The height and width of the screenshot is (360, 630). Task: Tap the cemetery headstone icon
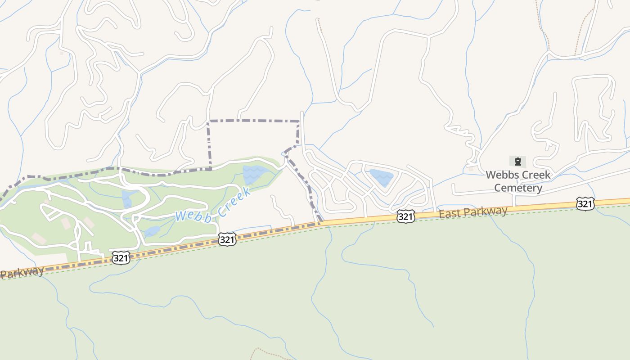point(517,162)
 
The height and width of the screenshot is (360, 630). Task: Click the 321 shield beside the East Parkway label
point(405,217)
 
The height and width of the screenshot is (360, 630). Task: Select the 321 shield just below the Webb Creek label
point(227,239)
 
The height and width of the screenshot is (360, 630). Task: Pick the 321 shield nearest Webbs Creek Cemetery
point(585,204)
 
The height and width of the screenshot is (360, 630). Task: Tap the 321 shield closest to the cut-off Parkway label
point(121,258)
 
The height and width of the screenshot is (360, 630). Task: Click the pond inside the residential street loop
point(382,177)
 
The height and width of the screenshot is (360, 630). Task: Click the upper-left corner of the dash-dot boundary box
point(208,121)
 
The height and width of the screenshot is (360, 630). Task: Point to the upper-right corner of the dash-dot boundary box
point(298,121)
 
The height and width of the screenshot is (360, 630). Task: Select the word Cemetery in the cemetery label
point(518,188)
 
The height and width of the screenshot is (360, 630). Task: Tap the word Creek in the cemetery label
point(535,175)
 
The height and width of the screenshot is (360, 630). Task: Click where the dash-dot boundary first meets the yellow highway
point(319,222)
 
